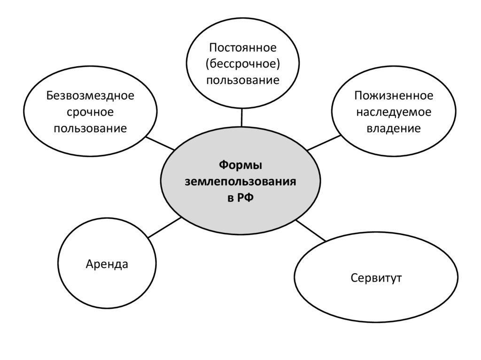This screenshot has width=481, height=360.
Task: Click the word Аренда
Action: pyautogui.click(x=107, y=264)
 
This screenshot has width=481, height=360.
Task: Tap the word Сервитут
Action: pyautogui.click(x=376, y=278)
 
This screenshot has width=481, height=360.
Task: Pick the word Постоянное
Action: pyautogui.click(x=243, y=47)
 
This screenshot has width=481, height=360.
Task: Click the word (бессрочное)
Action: pyautogui.click(x=243, y=64)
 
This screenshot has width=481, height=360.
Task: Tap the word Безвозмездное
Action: pyautogui.click(x=90, y=96)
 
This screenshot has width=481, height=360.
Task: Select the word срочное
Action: pyautogui.click(x=90, y=112)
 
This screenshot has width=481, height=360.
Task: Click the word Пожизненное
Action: pyautogui.click(x=394, y=96)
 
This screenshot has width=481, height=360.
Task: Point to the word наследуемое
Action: pyautogui.click(x=394, y=112)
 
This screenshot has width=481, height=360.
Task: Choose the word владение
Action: pyautogui.click(x=394, y=128)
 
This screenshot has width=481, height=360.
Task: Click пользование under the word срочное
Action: pyautogui.click(x=90, y=128)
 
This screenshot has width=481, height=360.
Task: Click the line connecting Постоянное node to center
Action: pyautogui.click(x=241, y=117)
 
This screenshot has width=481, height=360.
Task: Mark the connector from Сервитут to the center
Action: pyautogui.click(x=311, y=231)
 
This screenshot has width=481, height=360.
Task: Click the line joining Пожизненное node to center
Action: pyautogui.click(x=324, y=143)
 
